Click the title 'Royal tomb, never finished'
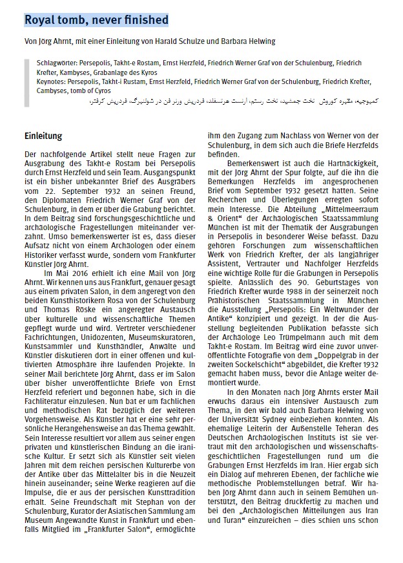[x=96, y=21]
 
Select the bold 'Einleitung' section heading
[x=43, y=136]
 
